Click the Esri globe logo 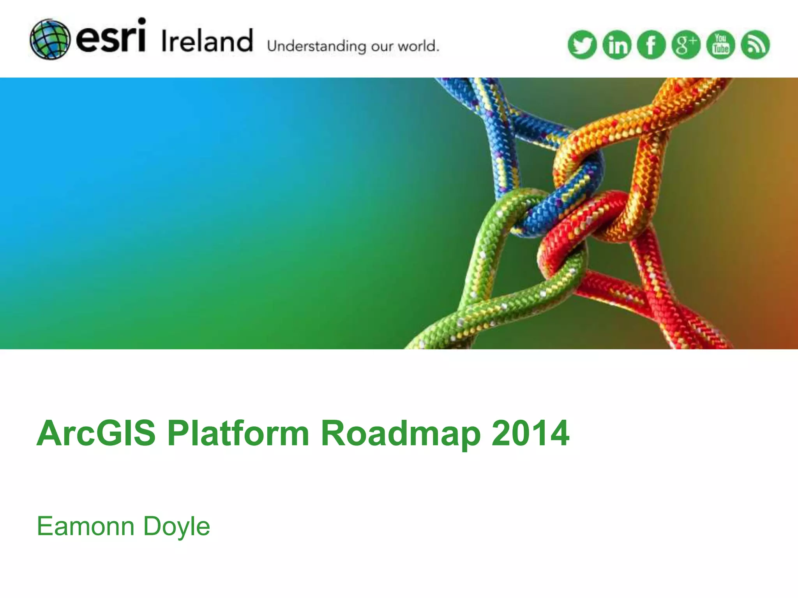pos(50,39)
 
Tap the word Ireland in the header pos(207,40)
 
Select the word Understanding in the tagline pos(316,46)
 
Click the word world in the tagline pos(417,46)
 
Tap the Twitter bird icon pos(582,45)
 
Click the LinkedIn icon pos(617,45)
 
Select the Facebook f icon pos(651,45)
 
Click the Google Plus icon pos(686,45)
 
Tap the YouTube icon pos(720,45)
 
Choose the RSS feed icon pos(755,45)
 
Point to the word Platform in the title pos(238,433)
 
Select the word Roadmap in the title pos(401,433)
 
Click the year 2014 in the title pos(530,433)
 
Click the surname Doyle pos(177,526)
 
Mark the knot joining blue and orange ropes pos(577,164)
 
